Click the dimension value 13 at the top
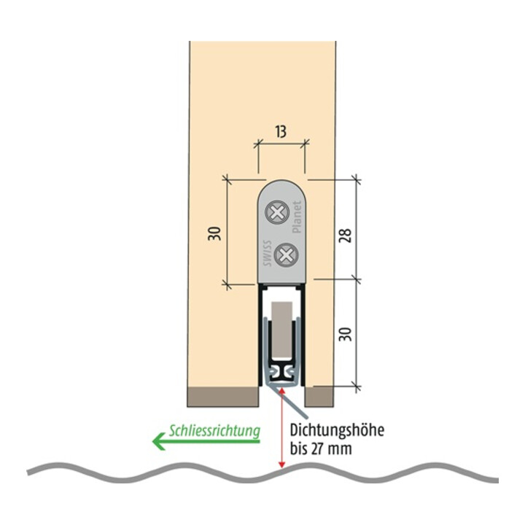[281, 131]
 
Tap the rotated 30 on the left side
[214, 233]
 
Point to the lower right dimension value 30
[345, 334]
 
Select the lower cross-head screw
[286, 255]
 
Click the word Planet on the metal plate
[297, 217]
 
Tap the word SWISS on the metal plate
[267, 253]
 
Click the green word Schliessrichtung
[214, 431]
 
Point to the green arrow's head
[159, 441]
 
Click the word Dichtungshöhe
[337, 430]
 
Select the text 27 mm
[332, 448]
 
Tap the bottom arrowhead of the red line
[281, 464]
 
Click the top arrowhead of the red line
[281, 389]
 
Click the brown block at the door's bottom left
[223, 397]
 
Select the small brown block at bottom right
[319, 397]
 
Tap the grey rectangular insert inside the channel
[281, 330]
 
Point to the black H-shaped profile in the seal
[281, 373]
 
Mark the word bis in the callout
[299, 448]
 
